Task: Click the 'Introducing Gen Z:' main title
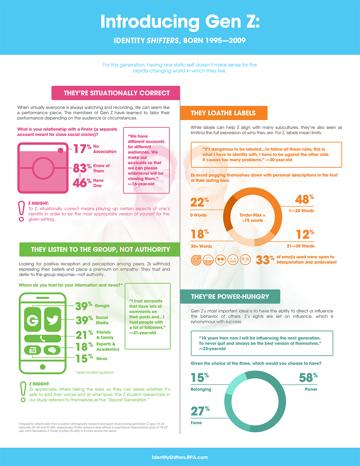[x=180, y=22]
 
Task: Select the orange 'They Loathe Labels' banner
[x=224, y=113]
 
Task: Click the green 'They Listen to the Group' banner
[x=100, y=249]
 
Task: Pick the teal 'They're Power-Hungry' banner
[x=230, y=296]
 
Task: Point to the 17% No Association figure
[x=82, y=149]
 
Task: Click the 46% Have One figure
[x=82, y=183]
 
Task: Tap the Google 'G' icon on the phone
[x=33, y=320]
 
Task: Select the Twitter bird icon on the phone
[x=52, y=320]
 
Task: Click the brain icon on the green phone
[x=52, y=350]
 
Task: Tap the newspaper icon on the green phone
[x=33, y=350]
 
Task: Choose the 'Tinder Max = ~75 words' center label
[x=252, y=218]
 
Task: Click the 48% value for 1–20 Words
[x=304, y=199]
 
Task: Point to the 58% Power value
[x=308, y=378]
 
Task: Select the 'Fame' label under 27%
[x=196, y=423]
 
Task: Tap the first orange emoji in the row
[x=196, y=260]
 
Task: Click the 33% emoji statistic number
[x=265, y=260]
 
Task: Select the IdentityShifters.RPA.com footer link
[x=180, y=457]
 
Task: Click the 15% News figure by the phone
[x=84, y=359]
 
